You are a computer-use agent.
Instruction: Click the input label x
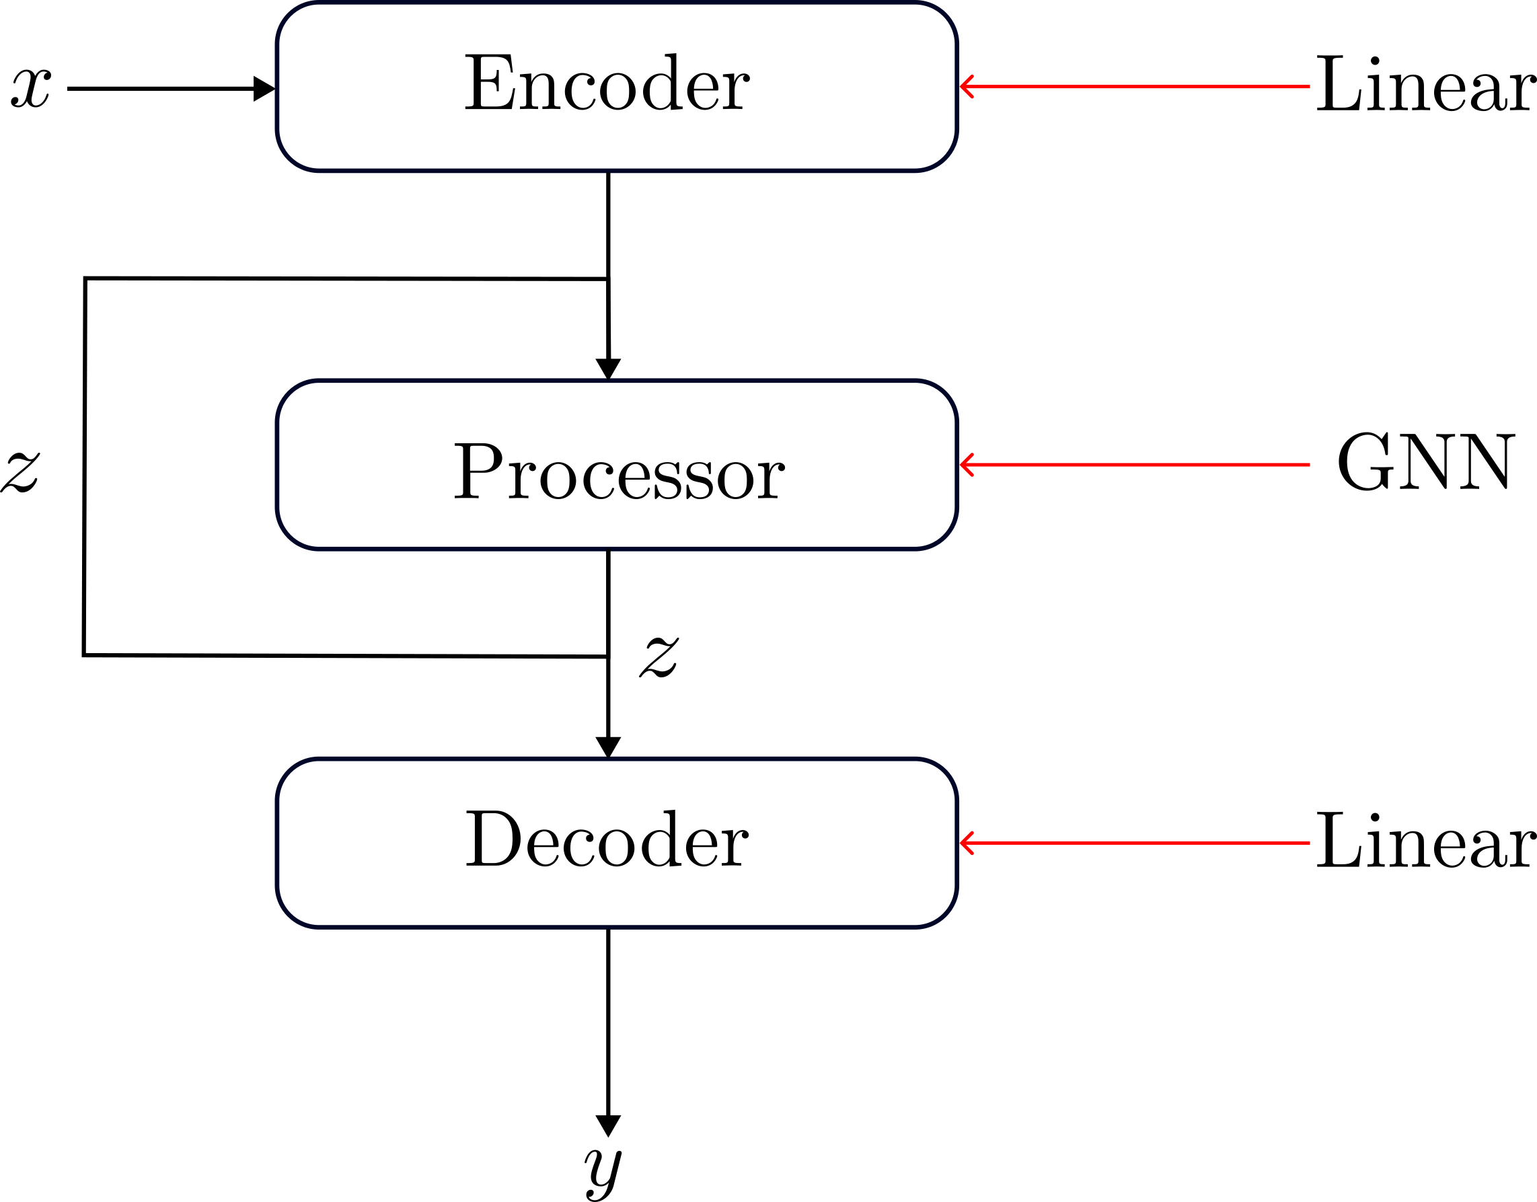coord(31,88)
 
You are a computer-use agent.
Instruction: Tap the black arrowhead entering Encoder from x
coord(264,89)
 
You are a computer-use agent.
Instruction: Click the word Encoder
coord(607,83)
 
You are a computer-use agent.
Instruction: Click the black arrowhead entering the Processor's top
coord(608,368)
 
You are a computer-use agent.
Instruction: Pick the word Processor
coord(619,471)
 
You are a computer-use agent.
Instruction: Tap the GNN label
coord(1425,462)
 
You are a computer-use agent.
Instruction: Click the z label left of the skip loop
coord(20,472)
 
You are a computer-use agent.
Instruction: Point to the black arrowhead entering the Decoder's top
coord(608,747)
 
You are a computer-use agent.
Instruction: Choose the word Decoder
coord(607,839)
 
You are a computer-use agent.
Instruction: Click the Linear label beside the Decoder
coord(1425,840)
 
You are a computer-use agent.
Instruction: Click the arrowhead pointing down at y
coord(608,1125)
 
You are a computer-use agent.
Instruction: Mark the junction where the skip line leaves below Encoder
coord(608,279)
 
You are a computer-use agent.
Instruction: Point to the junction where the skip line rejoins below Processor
coord(608,656)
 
